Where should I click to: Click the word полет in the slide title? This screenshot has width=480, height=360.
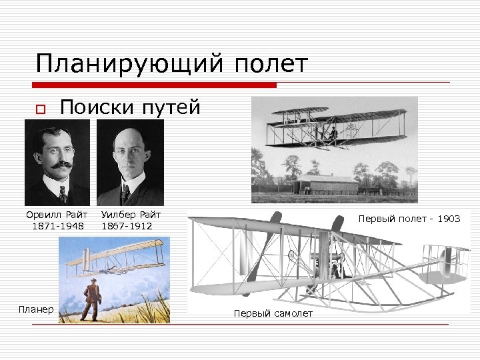[x=271, y=64]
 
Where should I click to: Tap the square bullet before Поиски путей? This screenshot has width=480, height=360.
[x=39, y=109]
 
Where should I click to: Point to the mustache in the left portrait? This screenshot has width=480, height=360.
[x=58, y=163]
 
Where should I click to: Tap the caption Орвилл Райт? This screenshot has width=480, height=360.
[x=57, y=215]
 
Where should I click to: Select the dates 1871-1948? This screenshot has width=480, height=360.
[x=57, y=226]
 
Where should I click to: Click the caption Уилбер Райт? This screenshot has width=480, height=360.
[x=131, y=215]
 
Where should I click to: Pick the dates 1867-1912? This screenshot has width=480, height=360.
[x=127, y=226]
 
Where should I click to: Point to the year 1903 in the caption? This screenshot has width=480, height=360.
[x=448, y=219]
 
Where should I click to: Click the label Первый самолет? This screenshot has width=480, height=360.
[x=273, y=313]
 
